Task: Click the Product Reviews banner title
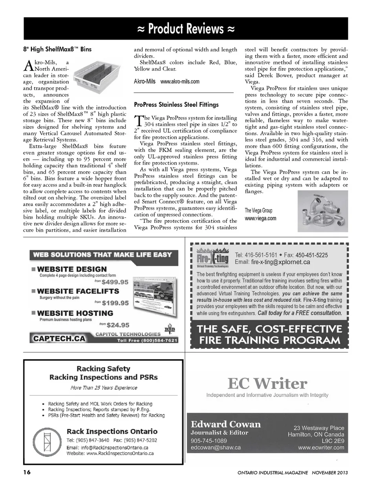[186, 29]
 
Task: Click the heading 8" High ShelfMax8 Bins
[57, 49]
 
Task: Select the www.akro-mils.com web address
[180, 82]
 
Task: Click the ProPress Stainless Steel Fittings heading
[176, 104]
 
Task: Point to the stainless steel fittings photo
[322, 210]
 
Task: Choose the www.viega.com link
[260, 218]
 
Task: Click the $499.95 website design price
[115, 282]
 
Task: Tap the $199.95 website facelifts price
[115, 303]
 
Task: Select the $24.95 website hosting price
[118, 325]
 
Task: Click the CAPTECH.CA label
[59, 338]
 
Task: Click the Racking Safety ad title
[103, 368]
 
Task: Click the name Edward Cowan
[225, 424]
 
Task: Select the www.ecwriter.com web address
[321, 447]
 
